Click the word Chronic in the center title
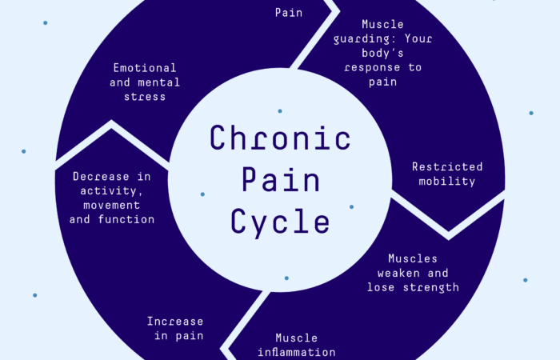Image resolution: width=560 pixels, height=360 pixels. (x=280, y=138)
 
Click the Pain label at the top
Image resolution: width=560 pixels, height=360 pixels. (x=289, y=12)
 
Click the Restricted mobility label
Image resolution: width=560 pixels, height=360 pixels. (x=447, y=174)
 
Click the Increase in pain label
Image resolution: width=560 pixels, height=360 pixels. (x=174, y=328)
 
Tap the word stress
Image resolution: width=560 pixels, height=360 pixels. (x=144, y=96)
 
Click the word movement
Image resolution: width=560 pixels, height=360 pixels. (x=111, y=204)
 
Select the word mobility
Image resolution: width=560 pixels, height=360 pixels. (x=447, y=182)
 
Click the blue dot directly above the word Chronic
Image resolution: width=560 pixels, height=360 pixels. (x=279, y=110)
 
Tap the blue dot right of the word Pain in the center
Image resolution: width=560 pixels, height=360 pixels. (x=351, y=206)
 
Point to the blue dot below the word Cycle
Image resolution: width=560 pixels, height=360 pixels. (x=286, y=278)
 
